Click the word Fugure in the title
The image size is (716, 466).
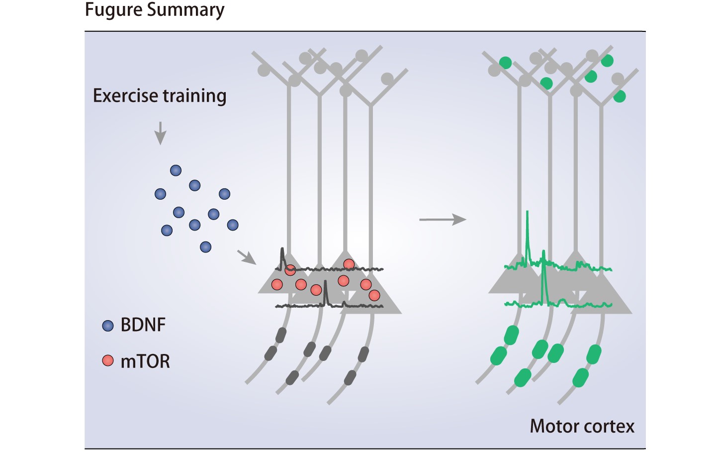pos(112,10)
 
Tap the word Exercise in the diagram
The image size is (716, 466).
pos(126,96)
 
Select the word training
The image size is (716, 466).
pos(195,96)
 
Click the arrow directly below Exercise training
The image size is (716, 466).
pos(160,133)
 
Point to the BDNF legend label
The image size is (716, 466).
pos(143,325)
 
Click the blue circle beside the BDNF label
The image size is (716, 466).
pos(108,326)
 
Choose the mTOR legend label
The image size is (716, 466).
pos(145,361)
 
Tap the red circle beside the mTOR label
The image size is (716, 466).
pos(108,360)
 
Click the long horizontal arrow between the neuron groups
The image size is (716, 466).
pos(443,219)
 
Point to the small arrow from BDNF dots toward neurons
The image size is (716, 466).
pos(246,257)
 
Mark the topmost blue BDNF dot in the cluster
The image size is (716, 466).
pos(176,171)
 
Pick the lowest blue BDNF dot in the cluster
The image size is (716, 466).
pos(205,246)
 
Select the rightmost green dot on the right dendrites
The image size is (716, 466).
pos(620,97)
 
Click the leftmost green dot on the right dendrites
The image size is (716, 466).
pos(505,63)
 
